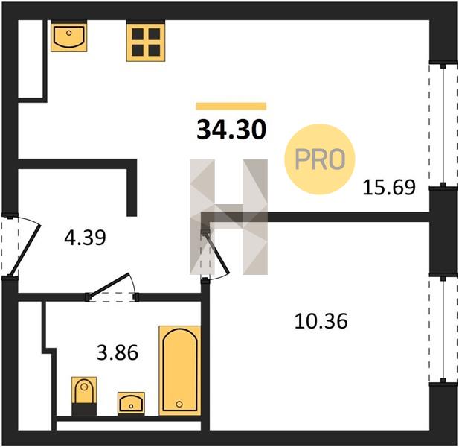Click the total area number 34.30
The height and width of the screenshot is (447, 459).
point(231,130)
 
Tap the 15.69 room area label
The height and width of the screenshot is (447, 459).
point(389,187)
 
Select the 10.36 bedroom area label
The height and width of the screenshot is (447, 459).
point(321,321)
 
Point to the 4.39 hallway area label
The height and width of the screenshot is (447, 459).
point(85,238)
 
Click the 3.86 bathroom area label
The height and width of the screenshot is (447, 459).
point(118,352)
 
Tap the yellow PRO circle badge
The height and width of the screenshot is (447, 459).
point(320,159)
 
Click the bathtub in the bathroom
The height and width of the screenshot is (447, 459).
point(180,370)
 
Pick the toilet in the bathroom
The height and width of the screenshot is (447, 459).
point(84,396)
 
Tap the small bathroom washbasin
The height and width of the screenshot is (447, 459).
point(131,404)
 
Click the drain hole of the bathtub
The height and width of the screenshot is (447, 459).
point(179,405)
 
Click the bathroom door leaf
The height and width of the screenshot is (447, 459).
point(109,284)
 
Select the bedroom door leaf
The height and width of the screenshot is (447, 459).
point(216,253)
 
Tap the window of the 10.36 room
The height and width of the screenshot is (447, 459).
point(443,330)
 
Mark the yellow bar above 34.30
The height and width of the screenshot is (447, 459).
point(231,106)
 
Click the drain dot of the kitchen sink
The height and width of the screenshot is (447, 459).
point(68,33)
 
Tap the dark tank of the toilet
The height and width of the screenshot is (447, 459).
point(84,410)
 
